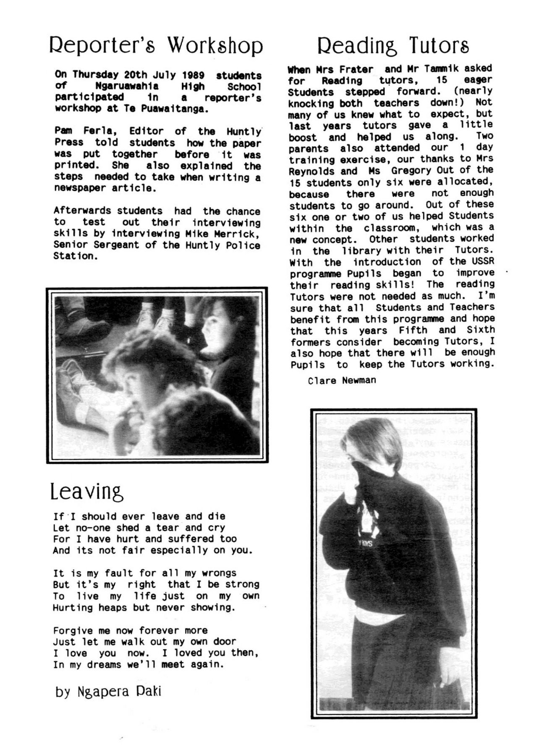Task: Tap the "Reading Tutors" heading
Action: tap(393, 45)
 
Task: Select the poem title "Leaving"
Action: tap(87, 492)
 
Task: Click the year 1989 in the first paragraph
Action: tap(193, 75)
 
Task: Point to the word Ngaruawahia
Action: tap(127, 86)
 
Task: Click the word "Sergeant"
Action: tap(117, 245)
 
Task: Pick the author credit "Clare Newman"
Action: tap(342, 380)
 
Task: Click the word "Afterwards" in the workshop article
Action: tap(82, 211)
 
